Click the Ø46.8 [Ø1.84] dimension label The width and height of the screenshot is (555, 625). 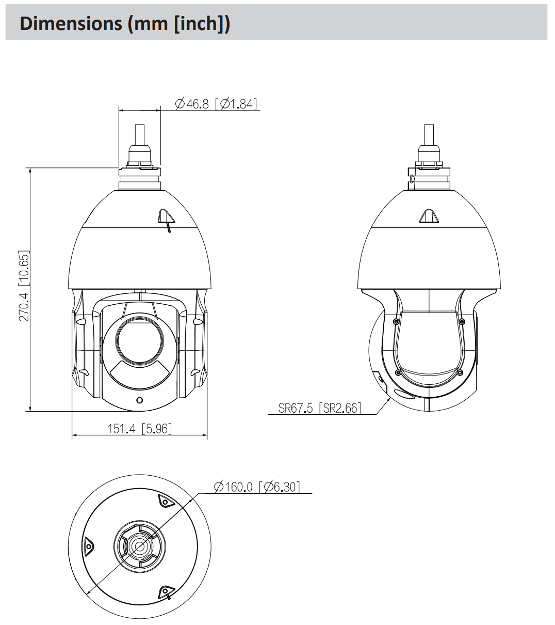[x=216, y=104]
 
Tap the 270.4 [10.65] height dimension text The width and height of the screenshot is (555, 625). [x=24, y=286]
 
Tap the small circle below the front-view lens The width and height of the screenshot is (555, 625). [x=139, y=400]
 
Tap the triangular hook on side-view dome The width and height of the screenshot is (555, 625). [x=429, y=216]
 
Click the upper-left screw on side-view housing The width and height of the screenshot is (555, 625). [x=396, y=321]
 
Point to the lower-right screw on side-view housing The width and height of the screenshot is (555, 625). [x=460, y=372]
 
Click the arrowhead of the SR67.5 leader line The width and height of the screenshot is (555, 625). [x=388, y=398]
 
